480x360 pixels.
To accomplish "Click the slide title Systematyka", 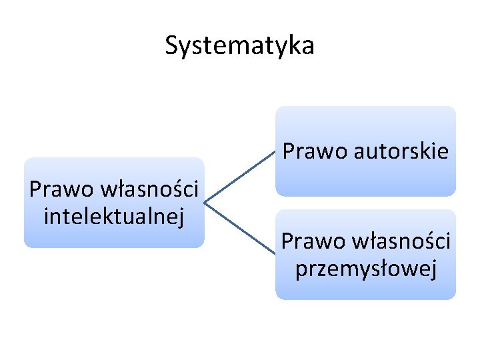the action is tap(239, 46).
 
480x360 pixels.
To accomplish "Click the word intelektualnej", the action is tap(113, 215).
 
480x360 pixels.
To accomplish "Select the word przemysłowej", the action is tap(366, 269).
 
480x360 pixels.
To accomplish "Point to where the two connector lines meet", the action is tap(205, 202).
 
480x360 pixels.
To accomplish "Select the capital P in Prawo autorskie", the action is tap(289, 152).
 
